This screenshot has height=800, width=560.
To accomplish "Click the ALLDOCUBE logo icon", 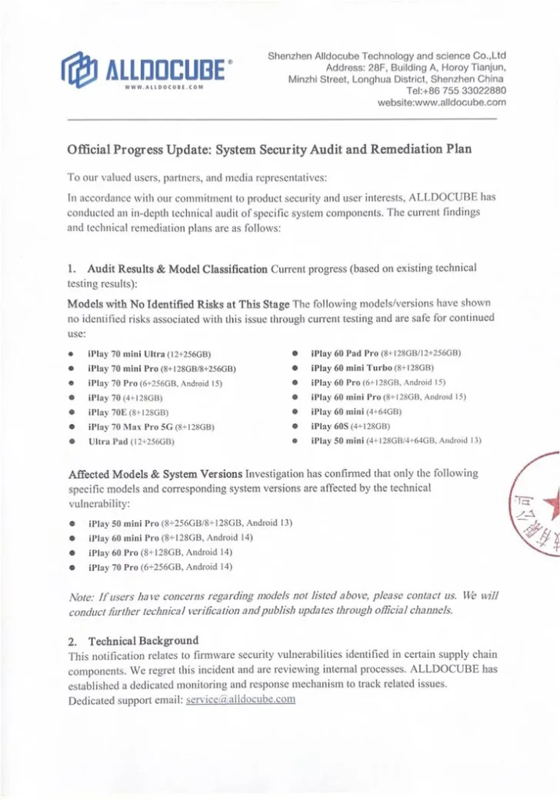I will tap(80, 69).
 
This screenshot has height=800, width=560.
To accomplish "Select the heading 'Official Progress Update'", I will tap(269, 148).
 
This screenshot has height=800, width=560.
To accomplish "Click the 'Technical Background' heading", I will tap(143, 641).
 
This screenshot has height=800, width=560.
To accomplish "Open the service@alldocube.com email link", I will tap(241, 700).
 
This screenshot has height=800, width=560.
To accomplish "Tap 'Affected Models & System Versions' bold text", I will tap(155, 474).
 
